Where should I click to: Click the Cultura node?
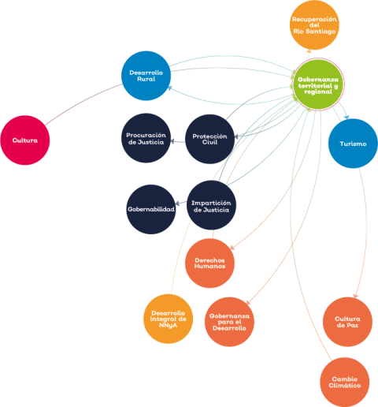pyautogui.click(x=25, y=140)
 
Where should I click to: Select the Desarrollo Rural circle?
pyautogui.click(x=146, y=76)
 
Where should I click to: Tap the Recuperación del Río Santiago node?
pyautogui.click(x=314, y=25)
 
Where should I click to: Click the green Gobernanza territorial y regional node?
pyautogui.click(x=318, y=84)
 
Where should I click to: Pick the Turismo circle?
pyautogui.click(x=353, y=144)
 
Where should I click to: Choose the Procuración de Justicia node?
pyautogui.click(x=146, y=138)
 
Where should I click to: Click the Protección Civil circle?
pyautogui.click(x=209, y=139)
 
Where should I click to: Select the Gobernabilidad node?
pyautogui.click(x=151, y=209)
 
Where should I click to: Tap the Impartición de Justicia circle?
pyautogui.click(x=211, y=205)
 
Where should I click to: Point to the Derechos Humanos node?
pyautogui.click(x=209, y=263)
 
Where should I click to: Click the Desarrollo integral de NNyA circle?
pyautogui.click(x=168, y=319)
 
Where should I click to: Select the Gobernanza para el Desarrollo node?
pyautogui.click(x=229, y=322)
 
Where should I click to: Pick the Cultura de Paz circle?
pyautogui.click(x=347, y=322)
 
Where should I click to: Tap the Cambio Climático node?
pyautogui.click(x=345, y=382)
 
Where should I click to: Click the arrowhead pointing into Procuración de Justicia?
pyautogui.click(x=172, y=142)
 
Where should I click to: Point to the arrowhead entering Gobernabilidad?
pyautogui.click(x=177, y=203)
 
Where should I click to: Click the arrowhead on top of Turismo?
pyautogui.click(x=347, y=117)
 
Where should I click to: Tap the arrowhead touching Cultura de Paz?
pyautogui.click(x=355, y=297)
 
